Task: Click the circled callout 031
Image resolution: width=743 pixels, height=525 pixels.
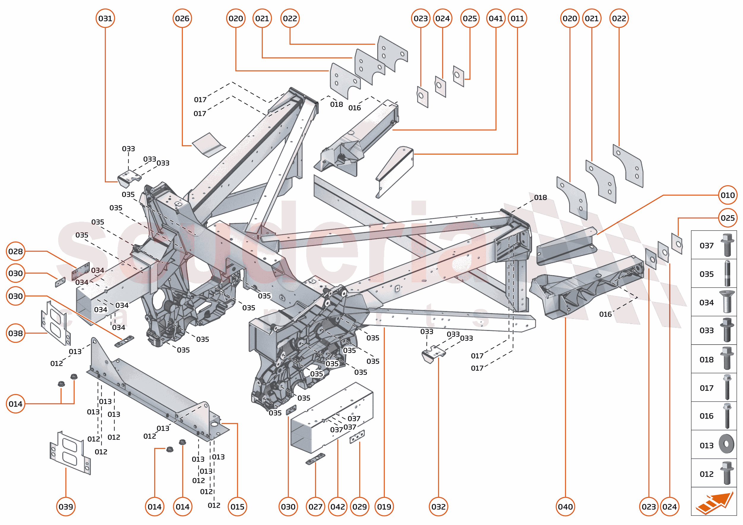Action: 105,18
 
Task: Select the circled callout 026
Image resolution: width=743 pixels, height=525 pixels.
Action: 182,18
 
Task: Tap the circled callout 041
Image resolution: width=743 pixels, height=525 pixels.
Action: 496,18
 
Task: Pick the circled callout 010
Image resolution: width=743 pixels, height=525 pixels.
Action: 728,195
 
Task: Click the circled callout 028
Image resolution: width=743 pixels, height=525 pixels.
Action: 15,251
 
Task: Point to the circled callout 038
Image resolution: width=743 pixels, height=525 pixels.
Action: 15,333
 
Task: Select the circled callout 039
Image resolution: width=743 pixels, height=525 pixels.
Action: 66,507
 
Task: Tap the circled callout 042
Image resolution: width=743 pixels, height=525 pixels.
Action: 337,507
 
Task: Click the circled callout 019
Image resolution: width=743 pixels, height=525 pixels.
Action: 384,507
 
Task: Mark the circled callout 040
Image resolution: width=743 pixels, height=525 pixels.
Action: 565,507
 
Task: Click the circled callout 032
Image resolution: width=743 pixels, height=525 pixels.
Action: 438,507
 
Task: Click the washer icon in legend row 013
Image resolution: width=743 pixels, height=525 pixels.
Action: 726,445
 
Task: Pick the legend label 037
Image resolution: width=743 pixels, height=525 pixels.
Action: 706,246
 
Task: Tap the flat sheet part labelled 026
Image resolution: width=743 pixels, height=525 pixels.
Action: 209,145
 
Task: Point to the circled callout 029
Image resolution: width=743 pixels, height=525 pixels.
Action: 359,507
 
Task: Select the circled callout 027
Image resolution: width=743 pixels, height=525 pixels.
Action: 316,507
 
